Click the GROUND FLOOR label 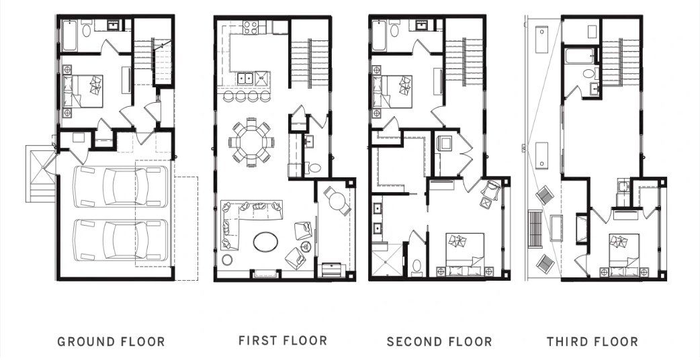point(111,342)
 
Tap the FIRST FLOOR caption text point(283,341)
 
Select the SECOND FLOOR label point(439,342)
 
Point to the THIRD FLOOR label point(593,342)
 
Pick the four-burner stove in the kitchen point(251,28)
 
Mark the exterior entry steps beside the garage point(40,176)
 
